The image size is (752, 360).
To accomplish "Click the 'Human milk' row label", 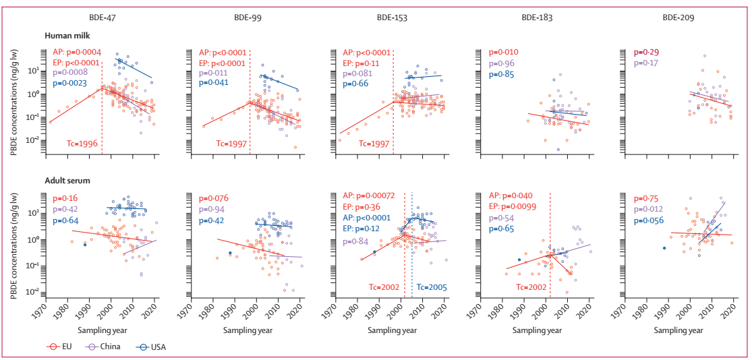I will coord(68,35).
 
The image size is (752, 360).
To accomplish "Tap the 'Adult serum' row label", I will coord(69,181).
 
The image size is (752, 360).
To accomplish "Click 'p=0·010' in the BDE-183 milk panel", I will coord(504,53).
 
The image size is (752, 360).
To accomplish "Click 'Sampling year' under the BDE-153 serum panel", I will coord(392,330).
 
